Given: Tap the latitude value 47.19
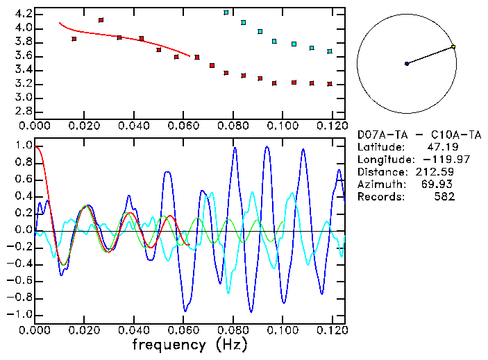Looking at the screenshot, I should pyautogui.click(x=440, y=147).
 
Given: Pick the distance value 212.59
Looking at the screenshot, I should pyautogui.click(x=437, y=172).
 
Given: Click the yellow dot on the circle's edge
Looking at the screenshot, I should pyautogui.click(x=453, y=47).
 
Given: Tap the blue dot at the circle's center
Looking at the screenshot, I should pyautogui.click(x=407, y=64).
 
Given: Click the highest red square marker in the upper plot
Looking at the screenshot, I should pyautogui.click(x=101, y=21).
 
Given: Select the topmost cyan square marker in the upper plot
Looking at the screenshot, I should pyautogui.click(x=226, y=12).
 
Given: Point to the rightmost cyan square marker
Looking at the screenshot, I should pyautogui.click(x=330, y=51).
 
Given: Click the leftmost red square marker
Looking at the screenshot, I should pyautogui.click(x=74, y=39).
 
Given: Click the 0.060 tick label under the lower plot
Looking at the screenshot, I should pyautogui.click(x=183, y=329).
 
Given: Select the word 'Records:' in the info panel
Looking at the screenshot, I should pyautogui.click(x=380, y=197).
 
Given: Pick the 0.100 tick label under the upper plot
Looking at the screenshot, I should pyautogui.click(x=282, y=126).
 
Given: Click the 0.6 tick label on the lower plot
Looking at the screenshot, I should pyautogui.click(x=23, y=180).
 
